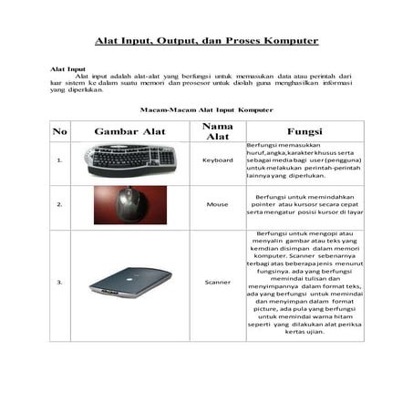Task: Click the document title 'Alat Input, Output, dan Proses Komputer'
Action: click(207, 41)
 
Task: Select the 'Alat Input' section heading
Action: click(67, 68)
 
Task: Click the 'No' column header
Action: click(60, 131)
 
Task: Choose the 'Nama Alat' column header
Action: click(217, 130)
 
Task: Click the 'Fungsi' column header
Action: click(304, 131)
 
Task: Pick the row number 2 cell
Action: click(60, 205)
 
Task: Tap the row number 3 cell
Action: click(60, 283)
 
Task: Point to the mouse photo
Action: click(129, 205)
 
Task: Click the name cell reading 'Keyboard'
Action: click(217, 160)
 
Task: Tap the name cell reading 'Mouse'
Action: click(217, 205)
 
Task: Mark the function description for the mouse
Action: click(304, 204)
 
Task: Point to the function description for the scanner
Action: click(304, 283)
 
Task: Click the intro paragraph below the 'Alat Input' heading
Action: click(201, 84)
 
